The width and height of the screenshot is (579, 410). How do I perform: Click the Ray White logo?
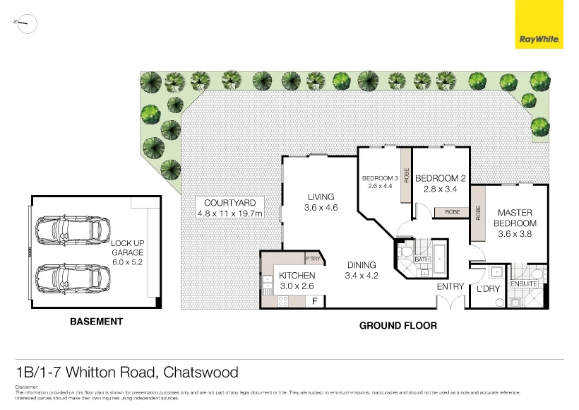pos(539,25)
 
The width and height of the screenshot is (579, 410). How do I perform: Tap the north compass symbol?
pos(25,24)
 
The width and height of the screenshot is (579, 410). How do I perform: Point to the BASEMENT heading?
pos(96,322)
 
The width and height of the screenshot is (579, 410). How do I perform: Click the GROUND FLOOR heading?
pos(398,326)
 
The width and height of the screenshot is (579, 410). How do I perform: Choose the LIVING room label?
pos(321,197)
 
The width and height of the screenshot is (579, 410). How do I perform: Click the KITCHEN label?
pos(297,276)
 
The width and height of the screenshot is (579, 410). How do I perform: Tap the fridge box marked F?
pos(314,300)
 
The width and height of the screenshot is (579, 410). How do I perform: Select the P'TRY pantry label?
pos(314,259)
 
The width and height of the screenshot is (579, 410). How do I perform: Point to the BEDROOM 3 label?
pos(381,178)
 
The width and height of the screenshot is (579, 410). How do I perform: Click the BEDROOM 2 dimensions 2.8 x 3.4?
pos(441,189)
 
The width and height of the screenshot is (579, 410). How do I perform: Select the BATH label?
pos(422,259)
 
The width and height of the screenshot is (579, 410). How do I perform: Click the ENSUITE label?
pos(525,284)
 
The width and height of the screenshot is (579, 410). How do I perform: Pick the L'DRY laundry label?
pos(488,290)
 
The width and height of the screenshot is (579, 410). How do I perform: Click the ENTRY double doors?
pos(450,302)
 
